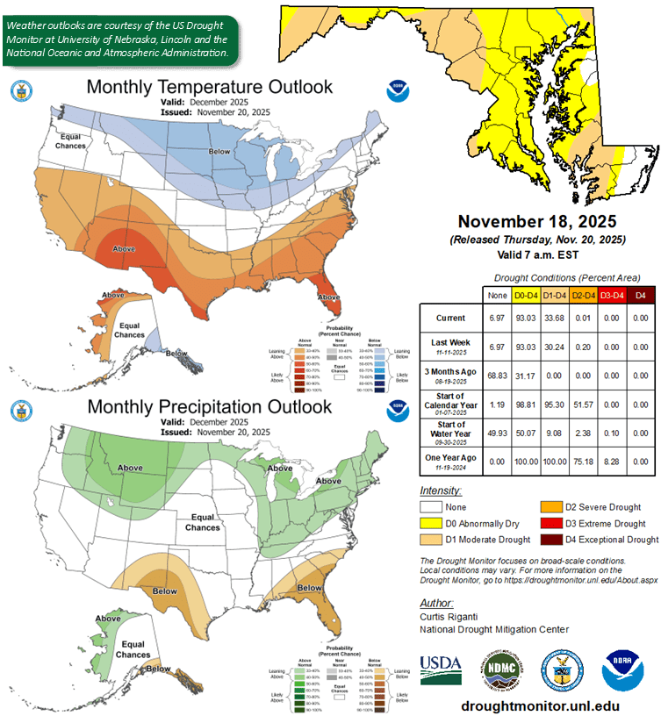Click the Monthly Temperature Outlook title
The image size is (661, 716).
click(209, 87)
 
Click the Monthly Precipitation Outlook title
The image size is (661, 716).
click(208, 407)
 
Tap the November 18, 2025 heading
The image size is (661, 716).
click(536, 222)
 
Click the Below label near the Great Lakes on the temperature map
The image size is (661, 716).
click(219, 152)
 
